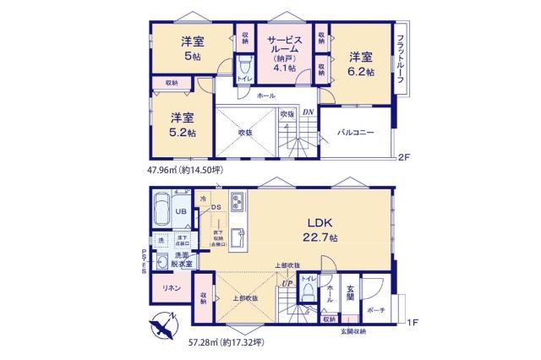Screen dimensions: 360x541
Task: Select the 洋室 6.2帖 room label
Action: pos(361,64)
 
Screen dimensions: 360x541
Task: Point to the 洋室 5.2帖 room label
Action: pos(180,125)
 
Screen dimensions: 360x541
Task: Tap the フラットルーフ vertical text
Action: pos(400,54)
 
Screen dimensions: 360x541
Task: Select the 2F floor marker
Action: pos(406,157)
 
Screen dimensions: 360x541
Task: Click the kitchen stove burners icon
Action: pos(237,203)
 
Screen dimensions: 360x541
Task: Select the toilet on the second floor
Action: pos(243,67)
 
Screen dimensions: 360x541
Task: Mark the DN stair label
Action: pos(309,112)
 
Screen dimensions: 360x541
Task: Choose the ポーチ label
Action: pos(378,309)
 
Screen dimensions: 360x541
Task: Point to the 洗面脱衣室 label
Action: pos(183,260)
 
